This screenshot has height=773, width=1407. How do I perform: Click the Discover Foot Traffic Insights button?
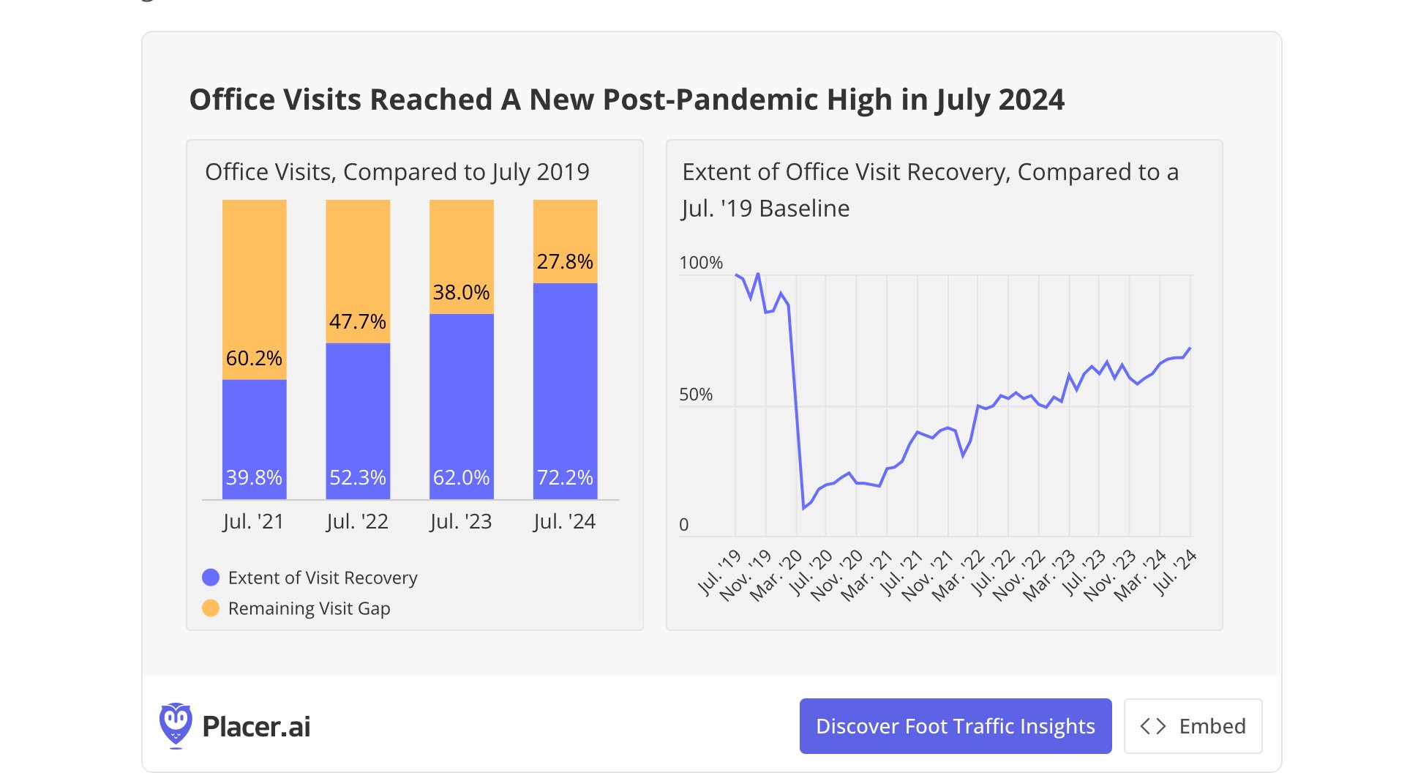[955, 726]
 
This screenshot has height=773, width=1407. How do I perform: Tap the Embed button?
[1193, 726]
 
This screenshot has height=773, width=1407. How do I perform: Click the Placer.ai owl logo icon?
[176, 725]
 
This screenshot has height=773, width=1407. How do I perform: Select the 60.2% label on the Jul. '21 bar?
[254, 358]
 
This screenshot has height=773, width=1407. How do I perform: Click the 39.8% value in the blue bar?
[254, 477]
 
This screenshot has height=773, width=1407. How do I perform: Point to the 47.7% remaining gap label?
[358, 321]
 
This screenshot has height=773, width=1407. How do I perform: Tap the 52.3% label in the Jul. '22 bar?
[358, 477]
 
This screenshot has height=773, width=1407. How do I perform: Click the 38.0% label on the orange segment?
[461, 292]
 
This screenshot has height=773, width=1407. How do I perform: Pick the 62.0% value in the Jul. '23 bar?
[461, 477]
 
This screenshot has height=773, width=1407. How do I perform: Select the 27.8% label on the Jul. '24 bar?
[565, 261]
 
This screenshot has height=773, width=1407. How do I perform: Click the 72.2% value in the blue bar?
[565, 477]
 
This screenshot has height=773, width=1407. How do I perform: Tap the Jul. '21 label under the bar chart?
[253, 521]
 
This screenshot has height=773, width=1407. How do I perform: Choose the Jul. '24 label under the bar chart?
[564, 521]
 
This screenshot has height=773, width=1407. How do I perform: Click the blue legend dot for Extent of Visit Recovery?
[211, 578]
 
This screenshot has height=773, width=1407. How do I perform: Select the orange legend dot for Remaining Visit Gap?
[211, 608]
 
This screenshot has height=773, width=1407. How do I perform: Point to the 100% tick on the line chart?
[700, 263]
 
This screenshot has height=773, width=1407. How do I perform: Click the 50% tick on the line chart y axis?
[695, 395]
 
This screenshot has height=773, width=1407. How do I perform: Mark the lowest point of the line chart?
[803, 508]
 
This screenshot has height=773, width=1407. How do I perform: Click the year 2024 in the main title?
[1031, 100]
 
